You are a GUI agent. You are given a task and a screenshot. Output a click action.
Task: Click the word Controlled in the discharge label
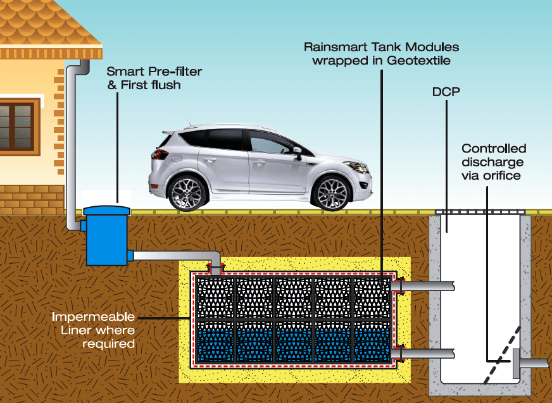[x=494, y=149]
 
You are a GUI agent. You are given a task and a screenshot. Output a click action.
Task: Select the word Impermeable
[x=93, y=316]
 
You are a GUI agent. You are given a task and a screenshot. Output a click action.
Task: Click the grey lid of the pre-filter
[x=106, y=209]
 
